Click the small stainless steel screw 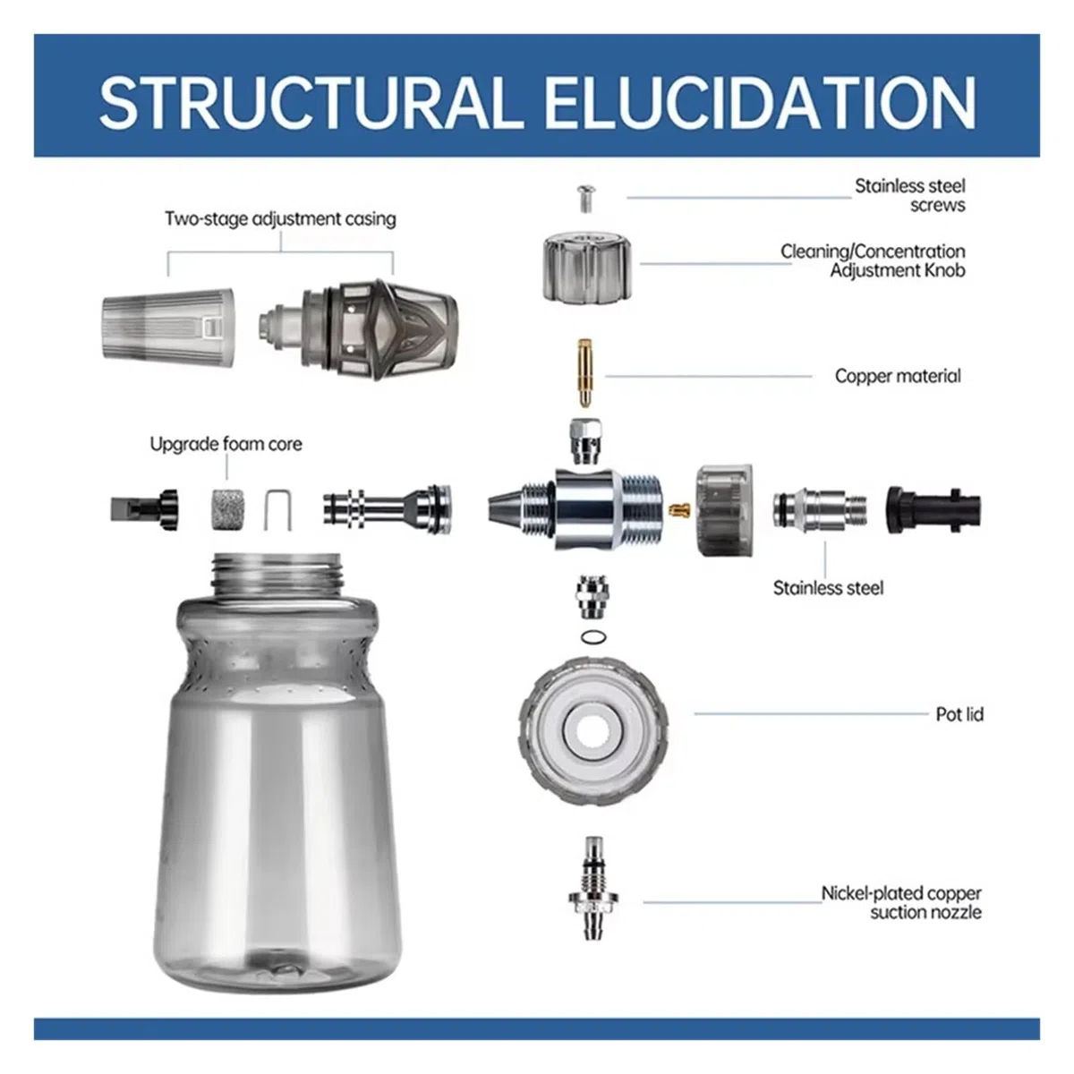click(x=584, y=199)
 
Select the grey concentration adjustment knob click(x=590, y=267)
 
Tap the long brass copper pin click(x=584, y=373)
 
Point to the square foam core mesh click(x=226, y=509)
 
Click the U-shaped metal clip click(x=277, y=510)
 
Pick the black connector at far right click(x=933, y=510)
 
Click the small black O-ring click(x=593, y=636)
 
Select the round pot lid click(x=593, y=730)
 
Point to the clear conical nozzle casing click(x=167, y=324)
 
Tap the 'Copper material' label click(x=898, y=376)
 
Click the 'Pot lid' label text click(x=959, y=714)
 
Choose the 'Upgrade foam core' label click(x=226, y=444)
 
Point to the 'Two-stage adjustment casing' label click(x=280, y=219)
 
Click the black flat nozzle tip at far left click(x=144, y=509)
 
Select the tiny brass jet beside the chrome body click(x=680, y=509)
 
